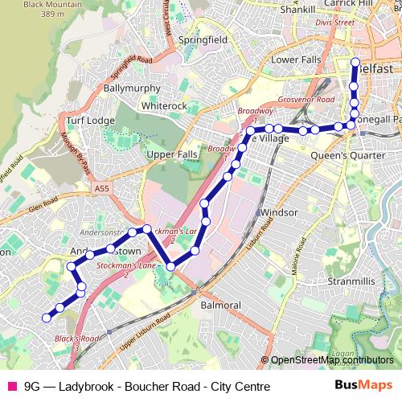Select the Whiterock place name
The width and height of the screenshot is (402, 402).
click(163, 105)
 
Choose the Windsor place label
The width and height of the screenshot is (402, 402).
click(279, 212)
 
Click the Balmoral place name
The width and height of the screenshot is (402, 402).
click(220, 306)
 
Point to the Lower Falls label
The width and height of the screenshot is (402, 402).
click(296, 59)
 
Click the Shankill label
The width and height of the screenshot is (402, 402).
click(298, 10)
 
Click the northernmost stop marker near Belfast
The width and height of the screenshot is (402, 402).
click(356, 61)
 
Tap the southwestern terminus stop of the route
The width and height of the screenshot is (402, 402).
click(46, 318)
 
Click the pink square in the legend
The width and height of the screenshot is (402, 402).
click(11, 386)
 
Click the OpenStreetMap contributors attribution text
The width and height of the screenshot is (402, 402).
click(331, 360)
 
